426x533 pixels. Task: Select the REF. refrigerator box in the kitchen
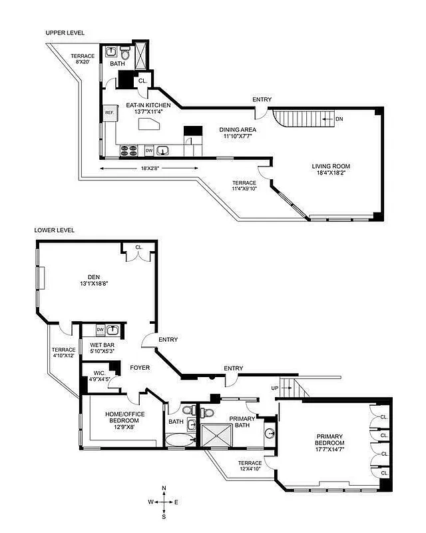click(109, 113)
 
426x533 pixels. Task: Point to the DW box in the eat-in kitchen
click(149, 151)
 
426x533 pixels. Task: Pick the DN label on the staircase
click(338, 119)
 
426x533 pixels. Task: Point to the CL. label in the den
click(138, 247)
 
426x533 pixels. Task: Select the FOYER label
click(140, 367)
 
